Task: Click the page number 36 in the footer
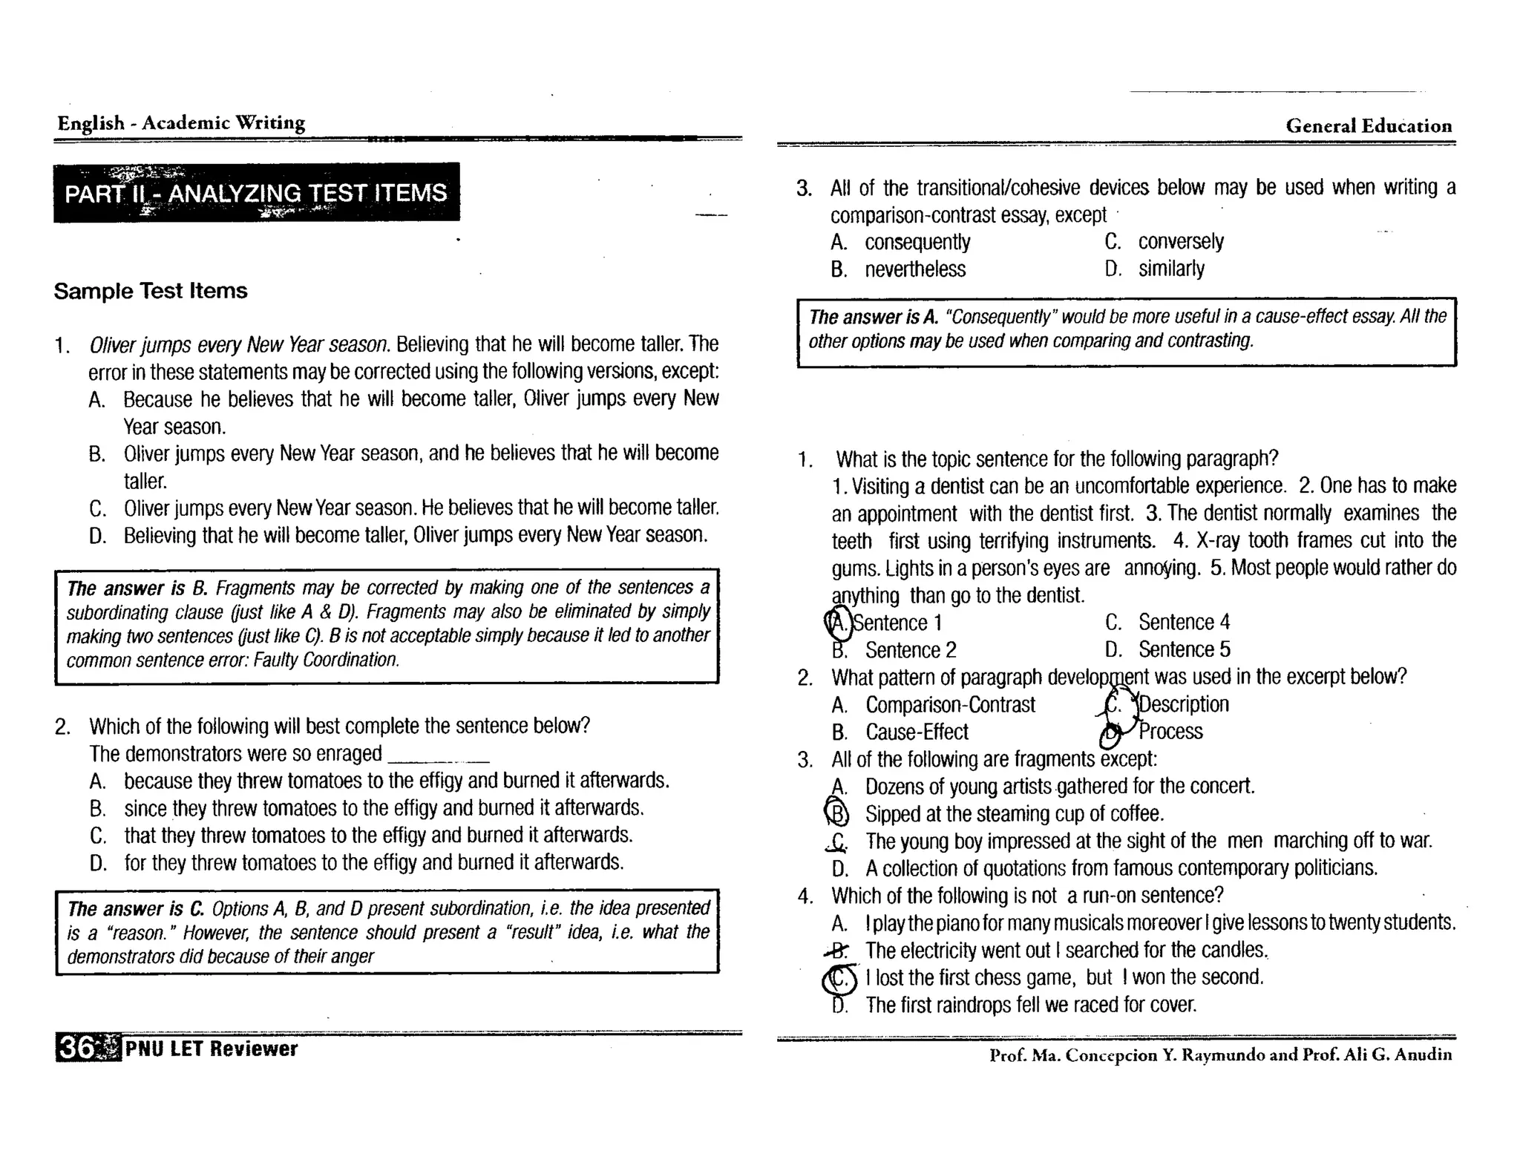click(x=77, y=1048)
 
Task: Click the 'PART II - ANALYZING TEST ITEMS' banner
click(x=256, y=193)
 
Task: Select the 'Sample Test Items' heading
click(x=150, y=291)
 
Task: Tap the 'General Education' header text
click(x=1368, y=125)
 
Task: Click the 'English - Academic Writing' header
click(x=181, y=122)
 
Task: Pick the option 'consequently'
click(x=917, y=243)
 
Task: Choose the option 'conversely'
click(x=1180, y=242)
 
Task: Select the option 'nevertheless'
click(x=915, y=269)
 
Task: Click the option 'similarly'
click(x=1171, y=269)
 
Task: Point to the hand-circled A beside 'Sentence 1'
click(x=838, y=623)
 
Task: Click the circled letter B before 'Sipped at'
click(x=837, y=814)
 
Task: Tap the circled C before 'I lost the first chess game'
click(x=839, y=979)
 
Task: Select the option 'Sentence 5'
click(x=1184, y=650)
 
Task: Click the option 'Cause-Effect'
click(x=917, y=732)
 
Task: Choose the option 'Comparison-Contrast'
click(x=950, y=705)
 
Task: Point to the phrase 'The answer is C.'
click(x=135, y=909)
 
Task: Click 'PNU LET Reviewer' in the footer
click(x=212, y=1049)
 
